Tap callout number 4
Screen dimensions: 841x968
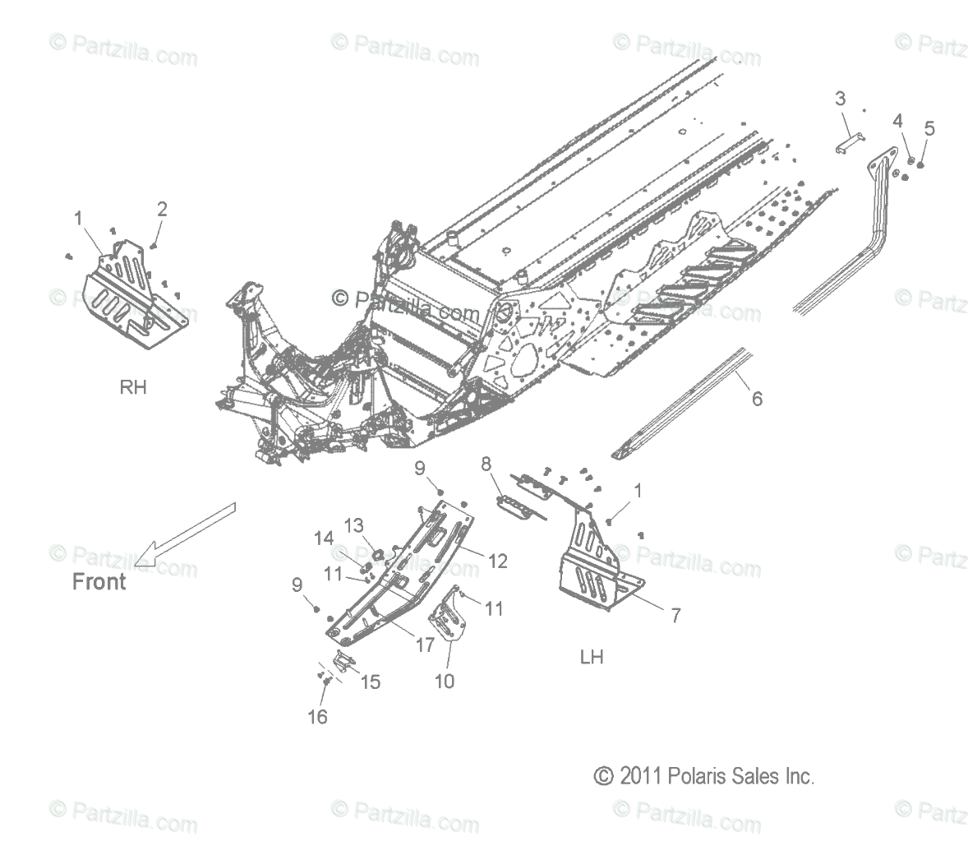[898, 121]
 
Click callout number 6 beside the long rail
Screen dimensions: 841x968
[757, 399]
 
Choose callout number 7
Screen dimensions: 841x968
[675, 614]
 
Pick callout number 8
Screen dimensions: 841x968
[486, 464]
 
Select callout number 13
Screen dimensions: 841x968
[353, 525]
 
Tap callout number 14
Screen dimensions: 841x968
[323, 538]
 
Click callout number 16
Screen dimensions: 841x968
[317, 717]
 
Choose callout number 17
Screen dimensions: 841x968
[424, 645]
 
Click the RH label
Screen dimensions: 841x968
[133, 386]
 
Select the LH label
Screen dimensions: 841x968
[591, 657]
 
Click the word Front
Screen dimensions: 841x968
[99, 581]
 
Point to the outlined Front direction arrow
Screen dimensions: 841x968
[185, 534]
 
